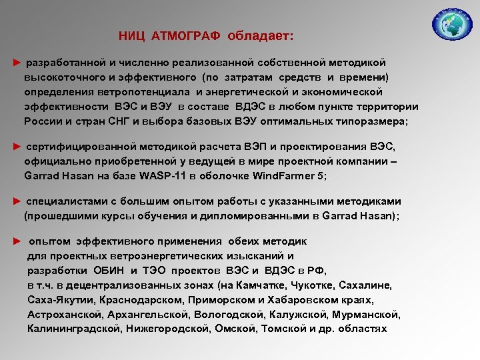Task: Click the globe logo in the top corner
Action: (x=451, y=25)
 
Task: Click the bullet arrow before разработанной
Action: (x=17, y=62)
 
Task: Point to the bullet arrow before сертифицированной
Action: (x=17, y=147)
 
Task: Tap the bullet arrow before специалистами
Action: (x=17, y=201)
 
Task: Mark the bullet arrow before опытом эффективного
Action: (x=17, y=242)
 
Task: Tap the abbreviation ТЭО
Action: (x=157, y=271)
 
